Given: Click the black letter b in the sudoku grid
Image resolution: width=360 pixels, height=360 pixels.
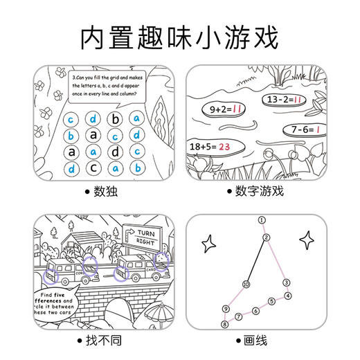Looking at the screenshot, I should (x=116, y=118).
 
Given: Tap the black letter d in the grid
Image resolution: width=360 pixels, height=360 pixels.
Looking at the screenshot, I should (x=116, y=151).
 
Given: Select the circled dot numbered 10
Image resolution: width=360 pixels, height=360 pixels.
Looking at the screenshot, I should (x=246, y=285).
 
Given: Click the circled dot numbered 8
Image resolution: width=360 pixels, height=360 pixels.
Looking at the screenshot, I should (x=224, y=323).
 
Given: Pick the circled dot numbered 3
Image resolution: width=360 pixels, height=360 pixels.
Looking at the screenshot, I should (x=285, y=282).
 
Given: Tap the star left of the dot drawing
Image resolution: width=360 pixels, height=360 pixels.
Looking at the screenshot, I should (x=207, y=243).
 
